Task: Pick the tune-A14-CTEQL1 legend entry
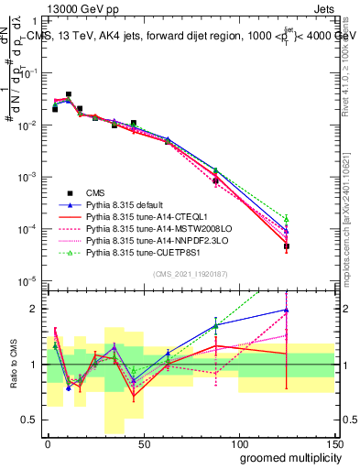[138, 216]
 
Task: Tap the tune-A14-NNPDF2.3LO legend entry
[147, 240]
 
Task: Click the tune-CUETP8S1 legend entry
[138, 252]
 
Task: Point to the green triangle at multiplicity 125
[287, 219]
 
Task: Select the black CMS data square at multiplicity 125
[287, 246]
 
